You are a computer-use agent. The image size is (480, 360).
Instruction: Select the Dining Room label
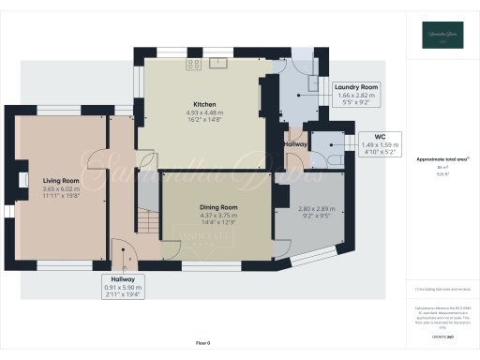pos(217,206)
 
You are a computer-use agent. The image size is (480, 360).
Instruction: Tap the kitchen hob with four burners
pos(194,65)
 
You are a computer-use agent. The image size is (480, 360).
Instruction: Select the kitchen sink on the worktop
pos(219,63)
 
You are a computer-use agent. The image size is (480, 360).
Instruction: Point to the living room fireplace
pos(21,181)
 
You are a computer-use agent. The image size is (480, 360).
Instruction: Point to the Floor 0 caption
pos(202,344)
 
